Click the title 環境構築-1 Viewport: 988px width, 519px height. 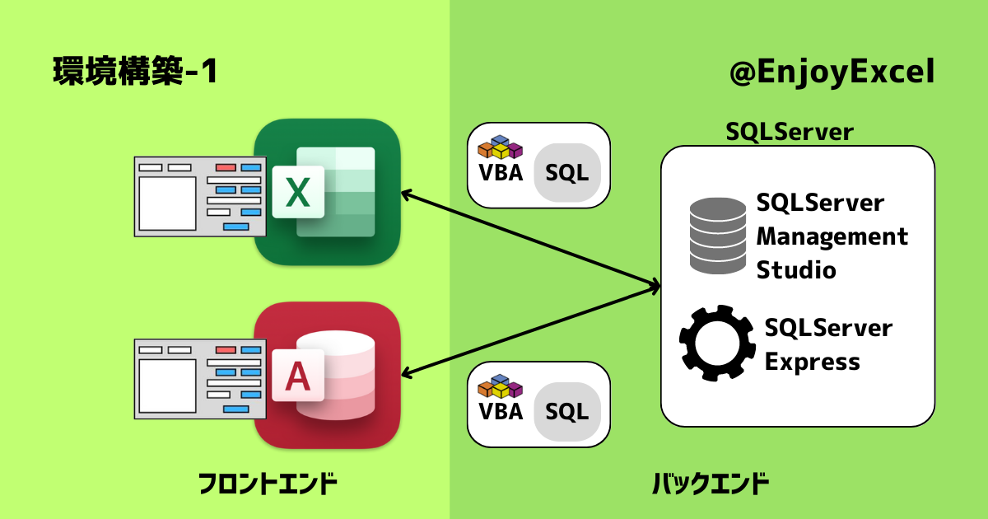click(x=135, y=71)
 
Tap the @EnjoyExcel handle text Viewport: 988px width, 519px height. click(x=832, y=72)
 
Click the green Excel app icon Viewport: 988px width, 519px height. click(x=328, y=192)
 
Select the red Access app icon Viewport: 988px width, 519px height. click(x=328, y=375)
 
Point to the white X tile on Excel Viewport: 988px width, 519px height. click(x=298, y=192)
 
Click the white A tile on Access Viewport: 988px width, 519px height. click(x=298, y=376)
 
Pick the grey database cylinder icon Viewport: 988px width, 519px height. click(x=718, y=236)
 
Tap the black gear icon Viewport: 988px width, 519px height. click(x=717, y=343)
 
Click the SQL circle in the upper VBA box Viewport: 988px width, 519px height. click(x=567, y=172)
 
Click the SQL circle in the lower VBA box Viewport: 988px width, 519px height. click(x=567, y=412)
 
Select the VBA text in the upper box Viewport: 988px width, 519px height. click(x=501, y=172)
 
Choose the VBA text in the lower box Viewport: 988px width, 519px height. click(x=501, y=412)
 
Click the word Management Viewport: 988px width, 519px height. click(x=832, y=237)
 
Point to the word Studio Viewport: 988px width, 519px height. click(x=796, y=270)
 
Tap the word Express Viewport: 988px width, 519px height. click(x=813, y=362)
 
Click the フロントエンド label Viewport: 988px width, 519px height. click(x=268, y=484)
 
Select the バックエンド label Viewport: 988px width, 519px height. click(x=711, y=484)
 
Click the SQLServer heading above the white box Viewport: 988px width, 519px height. click(x=790, y=132)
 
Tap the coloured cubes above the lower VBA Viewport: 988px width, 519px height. click(x=501, y=386)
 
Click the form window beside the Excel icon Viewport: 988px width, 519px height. click(x=200, y=196)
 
